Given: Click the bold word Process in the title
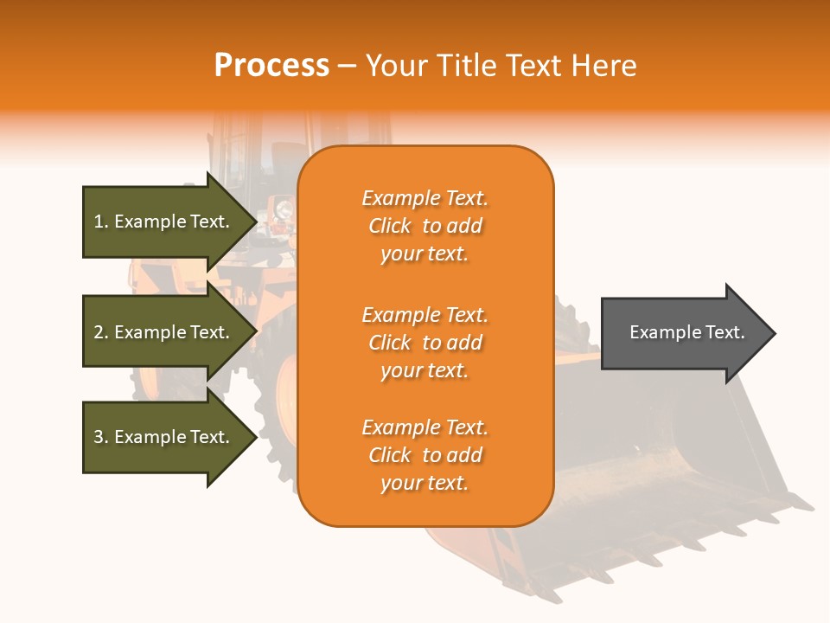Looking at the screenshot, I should (x=271, y=66).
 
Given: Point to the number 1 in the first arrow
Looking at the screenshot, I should (x=99, y=222).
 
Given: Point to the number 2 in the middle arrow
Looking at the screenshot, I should (x=99, y=332).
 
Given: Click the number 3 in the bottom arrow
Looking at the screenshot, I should (x=99, y=437).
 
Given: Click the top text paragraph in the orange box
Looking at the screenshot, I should (x=425, y=226).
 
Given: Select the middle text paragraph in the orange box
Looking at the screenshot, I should (x=425, y=343).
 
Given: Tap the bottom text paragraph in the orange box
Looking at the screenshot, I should (x=425, y=455).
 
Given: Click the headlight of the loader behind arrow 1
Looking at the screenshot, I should (x=282, y=209).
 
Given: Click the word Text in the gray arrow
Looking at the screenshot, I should (x=725, y=332).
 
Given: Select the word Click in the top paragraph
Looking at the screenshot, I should (x=390, y=226).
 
